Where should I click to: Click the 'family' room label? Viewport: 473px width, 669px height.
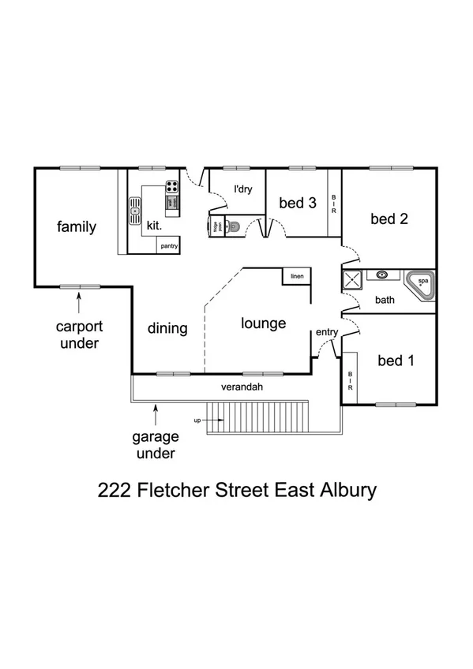[77, 227]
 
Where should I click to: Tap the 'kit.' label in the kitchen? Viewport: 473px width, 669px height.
[154, 226]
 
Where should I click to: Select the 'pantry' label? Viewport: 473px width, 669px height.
[169, 246]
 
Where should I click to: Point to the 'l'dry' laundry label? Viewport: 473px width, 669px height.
[242, 189]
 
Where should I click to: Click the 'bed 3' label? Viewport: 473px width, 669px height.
[298, 204]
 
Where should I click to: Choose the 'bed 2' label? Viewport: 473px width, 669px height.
[389, 219]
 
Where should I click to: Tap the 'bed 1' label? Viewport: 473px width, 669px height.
[396, 361]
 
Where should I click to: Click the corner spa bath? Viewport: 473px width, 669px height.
[420, 283]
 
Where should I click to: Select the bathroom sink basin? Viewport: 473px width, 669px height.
[383, 275]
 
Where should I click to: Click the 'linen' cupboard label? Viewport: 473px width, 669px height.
[297, 276]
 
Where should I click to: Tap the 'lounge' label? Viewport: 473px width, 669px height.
[263, 323]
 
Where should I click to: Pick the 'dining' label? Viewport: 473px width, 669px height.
[167, 328]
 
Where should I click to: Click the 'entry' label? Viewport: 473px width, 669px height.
[327, 333]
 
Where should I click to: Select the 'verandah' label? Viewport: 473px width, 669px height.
[242, 387]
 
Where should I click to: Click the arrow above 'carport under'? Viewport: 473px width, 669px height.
[79, 301]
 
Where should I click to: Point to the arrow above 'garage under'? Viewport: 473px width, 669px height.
[156, 412]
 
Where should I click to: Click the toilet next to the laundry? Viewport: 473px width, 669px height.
[234, 227]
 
